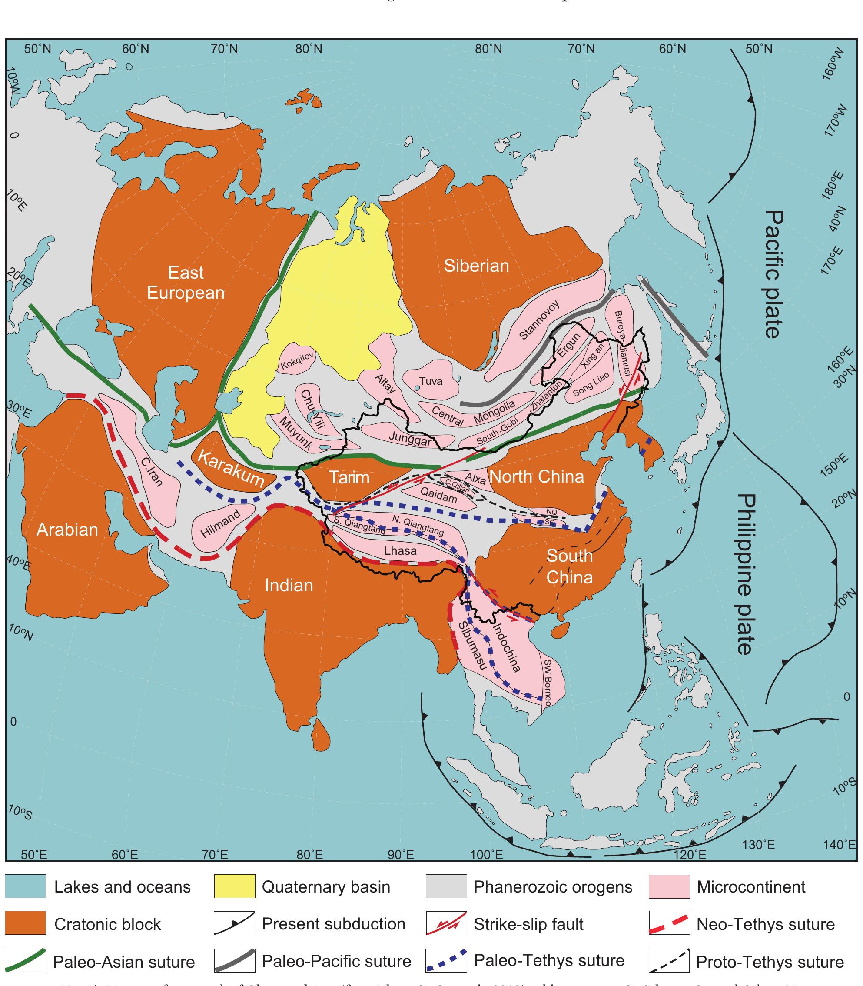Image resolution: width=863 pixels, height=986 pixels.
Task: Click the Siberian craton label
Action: click(476, 266)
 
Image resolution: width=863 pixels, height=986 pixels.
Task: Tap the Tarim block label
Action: click(349, 477)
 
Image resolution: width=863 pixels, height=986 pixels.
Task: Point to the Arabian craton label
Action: click(67, 530)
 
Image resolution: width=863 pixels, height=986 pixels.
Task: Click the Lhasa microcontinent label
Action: click(400, 550)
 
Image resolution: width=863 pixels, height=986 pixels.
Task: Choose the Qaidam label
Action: click(438, 495)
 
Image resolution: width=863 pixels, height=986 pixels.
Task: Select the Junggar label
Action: click(410, 438)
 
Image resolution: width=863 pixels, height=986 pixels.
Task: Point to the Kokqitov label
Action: click(297, 361)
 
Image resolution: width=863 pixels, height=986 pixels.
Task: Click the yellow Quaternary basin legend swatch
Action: click(235, 887)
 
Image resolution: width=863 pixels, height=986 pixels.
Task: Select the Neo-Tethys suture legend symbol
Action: click(669, 924)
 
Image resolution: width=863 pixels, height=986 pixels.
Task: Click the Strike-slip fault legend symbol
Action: click(446, 924)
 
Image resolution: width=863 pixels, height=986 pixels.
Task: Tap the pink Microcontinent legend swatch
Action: click(669, 887)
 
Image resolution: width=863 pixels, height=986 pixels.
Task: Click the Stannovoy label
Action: click(539, 320)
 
